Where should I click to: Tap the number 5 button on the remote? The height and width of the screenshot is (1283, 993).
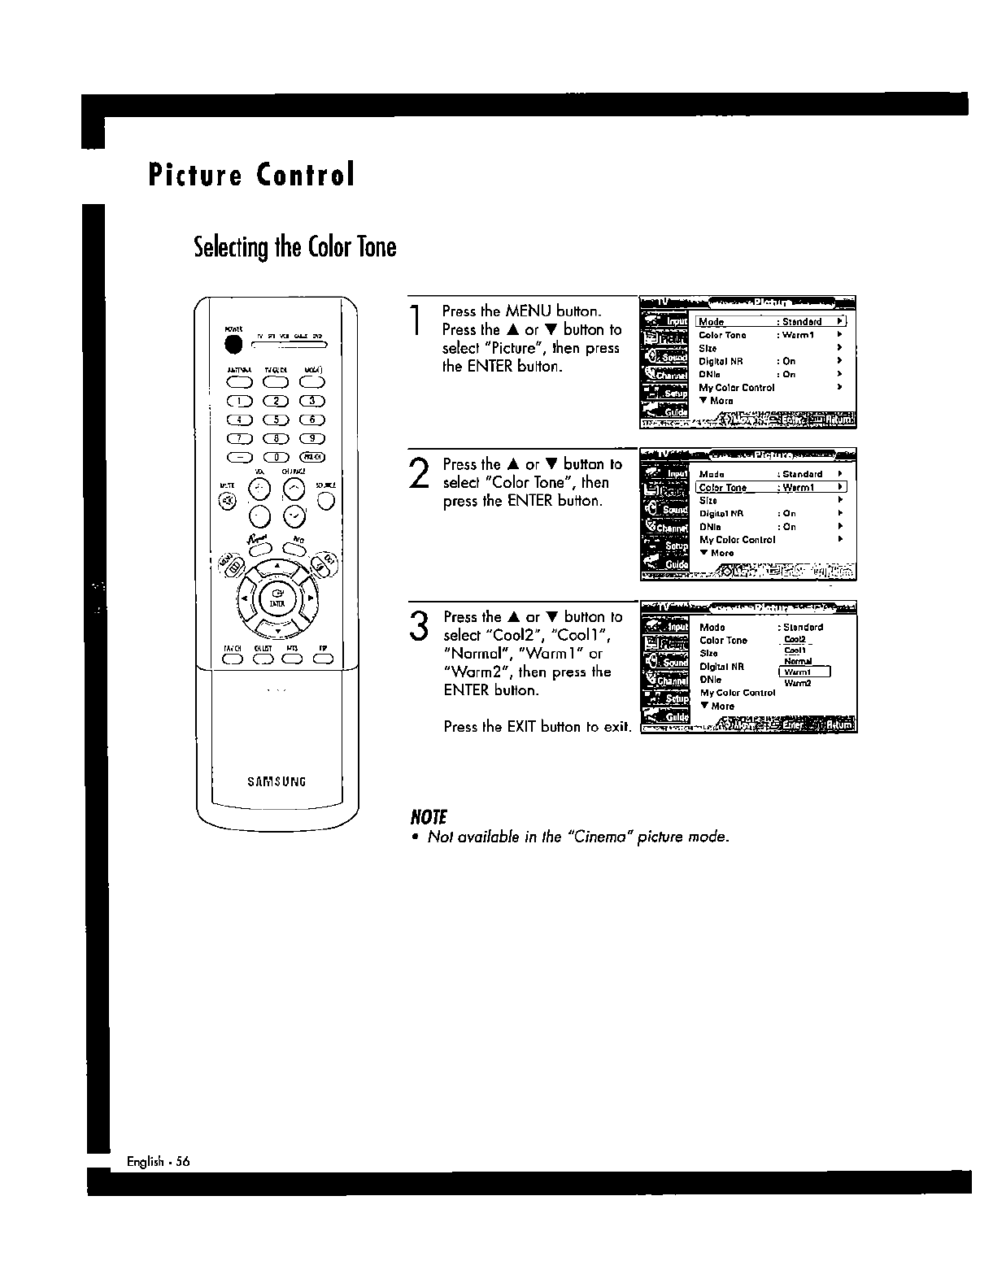[x=277, y=420]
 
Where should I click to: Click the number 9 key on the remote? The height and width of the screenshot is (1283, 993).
[x=313, y=438]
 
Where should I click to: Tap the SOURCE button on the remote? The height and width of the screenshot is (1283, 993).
[x=326, y=501]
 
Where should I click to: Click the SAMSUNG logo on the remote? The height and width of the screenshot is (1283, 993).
[x=277, y=782]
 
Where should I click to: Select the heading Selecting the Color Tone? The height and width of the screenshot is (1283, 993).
[x=294, y=246]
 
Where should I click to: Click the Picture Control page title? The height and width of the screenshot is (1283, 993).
[x=251, y=175]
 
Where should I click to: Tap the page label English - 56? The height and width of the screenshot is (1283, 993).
[x=158, y=1162]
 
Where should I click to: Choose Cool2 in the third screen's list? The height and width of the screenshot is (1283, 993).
[x=794, y=640]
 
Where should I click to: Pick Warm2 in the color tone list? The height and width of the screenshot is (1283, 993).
[x=798, y=684]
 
